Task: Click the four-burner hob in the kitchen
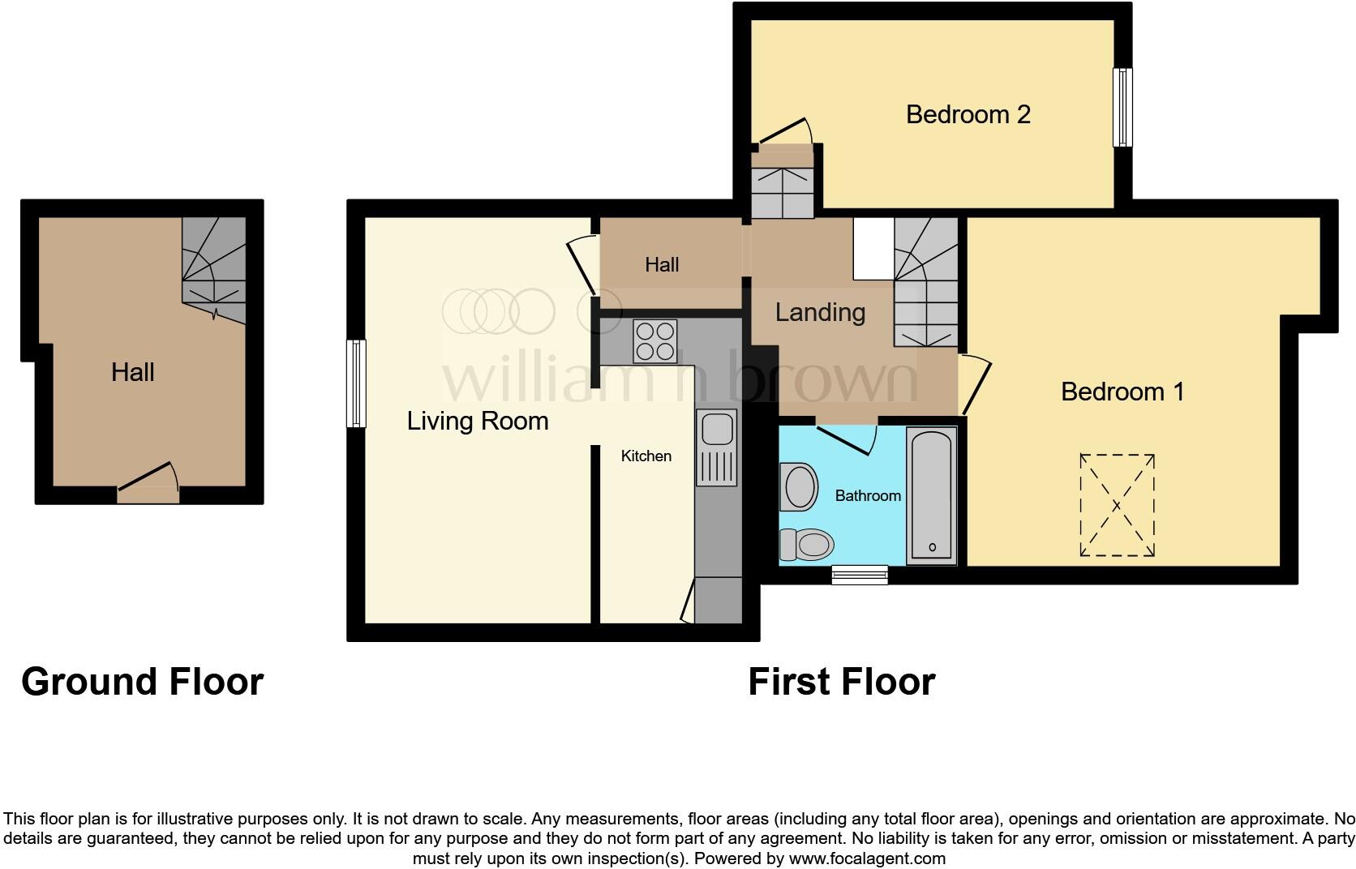(654, 341)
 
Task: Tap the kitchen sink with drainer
(716, 447)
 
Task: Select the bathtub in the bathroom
(932, 496)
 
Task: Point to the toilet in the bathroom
(807, 544)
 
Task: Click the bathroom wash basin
(799, 486)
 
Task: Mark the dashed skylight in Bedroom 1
(1117, 505)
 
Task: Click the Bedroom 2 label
(968, 114)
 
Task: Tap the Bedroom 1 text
(1122, 392)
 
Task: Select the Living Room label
(477, 421)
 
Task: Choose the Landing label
(820, 312)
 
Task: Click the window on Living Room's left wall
(356, 383)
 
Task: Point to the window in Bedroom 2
(1122, 107)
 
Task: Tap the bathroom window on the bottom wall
(860, 576)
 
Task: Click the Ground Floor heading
(142, 682)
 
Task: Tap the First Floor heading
(841, 682)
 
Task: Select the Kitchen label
(646, 456)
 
